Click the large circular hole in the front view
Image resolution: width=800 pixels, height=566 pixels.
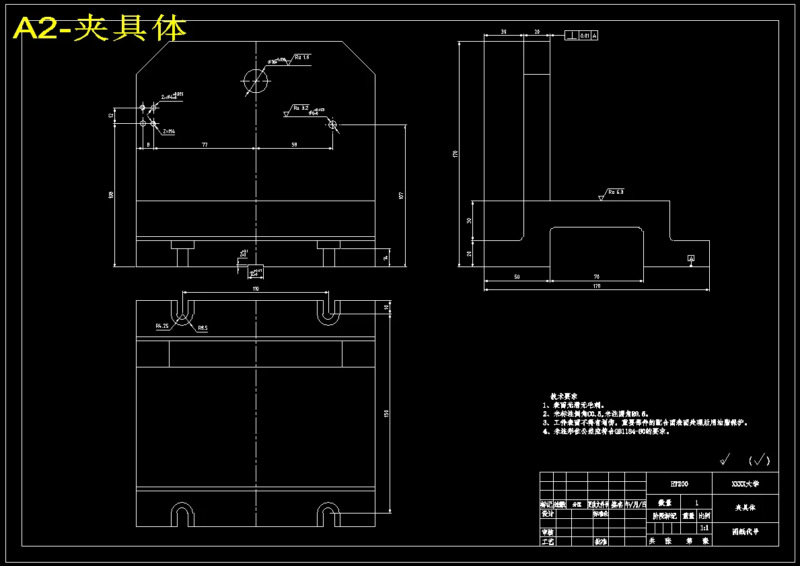click(256, 81)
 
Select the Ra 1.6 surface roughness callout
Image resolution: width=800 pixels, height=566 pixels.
click(301, 58)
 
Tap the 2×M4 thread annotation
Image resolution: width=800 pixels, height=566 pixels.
click(168, 132)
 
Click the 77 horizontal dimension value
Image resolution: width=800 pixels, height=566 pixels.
click(204, 144)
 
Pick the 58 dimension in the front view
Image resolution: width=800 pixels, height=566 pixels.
click(294, 144)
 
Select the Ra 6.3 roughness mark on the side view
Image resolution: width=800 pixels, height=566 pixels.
click(615, 192)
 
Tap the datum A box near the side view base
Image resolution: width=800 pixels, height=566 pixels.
click(690, 258)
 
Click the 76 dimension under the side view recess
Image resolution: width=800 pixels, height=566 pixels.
click(596, 276)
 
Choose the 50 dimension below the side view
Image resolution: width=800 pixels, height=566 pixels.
click(517, 276)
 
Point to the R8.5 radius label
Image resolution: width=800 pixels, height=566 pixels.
click(203, 328)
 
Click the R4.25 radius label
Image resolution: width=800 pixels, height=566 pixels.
click(162, 326)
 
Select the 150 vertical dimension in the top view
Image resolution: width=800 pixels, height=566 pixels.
click(386, 413)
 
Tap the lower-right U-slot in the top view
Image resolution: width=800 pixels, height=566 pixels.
click(329, 514)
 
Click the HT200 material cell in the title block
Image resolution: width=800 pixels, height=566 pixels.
click(678, 483)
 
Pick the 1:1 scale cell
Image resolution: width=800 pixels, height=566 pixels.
click(704, 528)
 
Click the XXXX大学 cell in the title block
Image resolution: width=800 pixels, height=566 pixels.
click(745, 483)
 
